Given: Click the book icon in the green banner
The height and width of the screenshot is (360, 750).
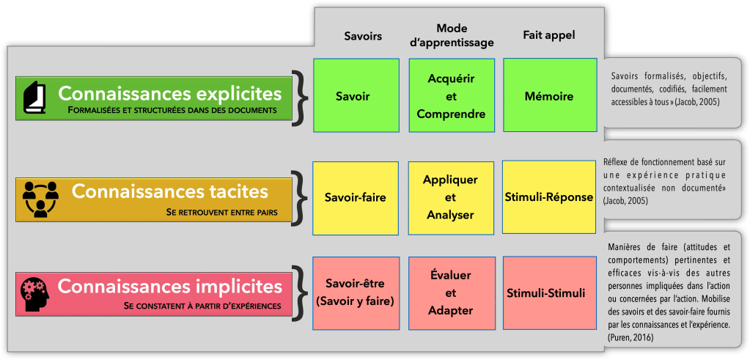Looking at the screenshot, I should pyautogui.click(x=35, y=98).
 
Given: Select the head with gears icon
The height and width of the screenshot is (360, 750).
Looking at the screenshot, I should pyautogui.click(x=35, y=294).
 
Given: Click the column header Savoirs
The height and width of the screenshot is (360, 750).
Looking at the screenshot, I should pyautogui.click(x=363, y=36).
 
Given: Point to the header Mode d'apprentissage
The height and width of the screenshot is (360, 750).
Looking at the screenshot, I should pyautogui.click(x=452, y=35).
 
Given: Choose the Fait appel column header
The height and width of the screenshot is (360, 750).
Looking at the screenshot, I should pyautogui.click(x=549, y=36).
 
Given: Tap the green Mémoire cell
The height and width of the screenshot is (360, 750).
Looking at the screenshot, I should pyautogui.click(x=549, y=96).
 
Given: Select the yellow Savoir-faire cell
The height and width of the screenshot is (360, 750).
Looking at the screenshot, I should pyautogui.click(x=356, y=198).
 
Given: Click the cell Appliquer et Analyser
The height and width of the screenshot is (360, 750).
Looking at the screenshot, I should pyautogui.click(x=451, y=198).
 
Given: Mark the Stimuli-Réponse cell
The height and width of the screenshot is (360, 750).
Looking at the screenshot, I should pyautogui.click(x=549, y=198).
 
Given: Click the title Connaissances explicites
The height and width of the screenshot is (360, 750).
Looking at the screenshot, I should pyautogui.click(x=169, y=94).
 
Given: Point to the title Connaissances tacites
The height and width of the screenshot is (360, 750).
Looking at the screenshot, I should pyautogui.click(x=170, y=192).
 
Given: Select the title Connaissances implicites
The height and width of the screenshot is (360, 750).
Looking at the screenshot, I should pyautogui.click(x=169, y=286).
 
